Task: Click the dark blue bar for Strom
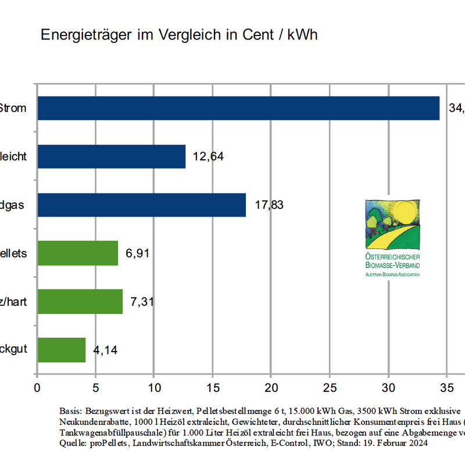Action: (238, 108)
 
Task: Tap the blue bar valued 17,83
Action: (142, 205)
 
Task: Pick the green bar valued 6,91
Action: (78, 253)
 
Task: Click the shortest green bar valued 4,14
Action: (62, 350)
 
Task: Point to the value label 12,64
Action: (209, 156)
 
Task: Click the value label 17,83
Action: (269, 205)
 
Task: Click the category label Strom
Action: (13, 108)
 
